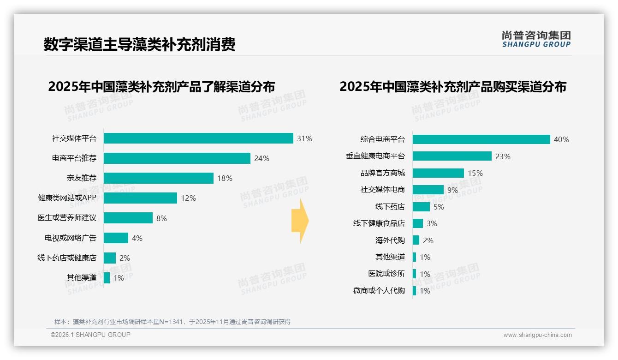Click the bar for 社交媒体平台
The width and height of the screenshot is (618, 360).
(x=198, y=138)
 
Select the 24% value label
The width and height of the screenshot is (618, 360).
(x=261, y=158)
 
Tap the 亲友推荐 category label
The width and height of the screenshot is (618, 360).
(x=82, y=178)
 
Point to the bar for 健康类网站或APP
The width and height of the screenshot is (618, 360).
(x=140, y=198)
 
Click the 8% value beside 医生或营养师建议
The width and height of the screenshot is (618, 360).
(x=161, y=218)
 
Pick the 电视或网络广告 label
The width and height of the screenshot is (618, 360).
(x=71, y=238)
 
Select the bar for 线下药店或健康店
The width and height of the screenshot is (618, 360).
(x=110, y=258)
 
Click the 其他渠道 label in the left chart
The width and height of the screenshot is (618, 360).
(x=82, y=278)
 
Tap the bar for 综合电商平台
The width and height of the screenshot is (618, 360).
(x=481, y=139)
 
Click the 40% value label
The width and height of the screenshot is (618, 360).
(x=561, y=139)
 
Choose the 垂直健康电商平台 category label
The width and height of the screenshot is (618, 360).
(x=375, y=156)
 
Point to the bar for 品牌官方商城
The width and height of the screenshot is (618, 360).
(x=438, y=173)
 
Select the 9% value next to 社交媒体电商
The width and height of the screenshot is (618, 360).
(x=452, y=190)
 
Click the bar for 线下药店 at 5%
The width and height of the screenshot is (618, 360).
(x=421, y=207)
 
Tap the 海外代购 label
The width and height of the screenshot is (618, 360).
(x=390, y=240)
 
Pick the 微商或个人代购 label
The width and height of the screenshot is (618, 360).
(x=379, y=291)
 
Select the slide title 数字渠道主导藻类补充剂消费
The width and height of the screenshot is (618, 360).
(x=140, y=44)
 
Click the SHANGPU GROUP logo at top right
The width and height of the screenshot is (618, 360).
(x=536, y=39)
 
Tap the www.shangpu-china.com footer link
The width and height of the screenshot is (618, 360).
(x=537, y=335)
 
